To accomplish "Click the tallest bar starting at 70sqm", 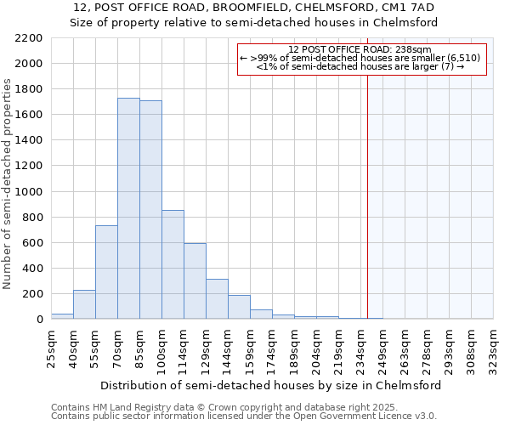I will coord(128,208).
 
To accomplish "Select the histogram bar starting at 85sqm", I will coord(150,210).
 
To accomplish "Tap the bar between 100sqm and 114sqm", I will coord(173,264).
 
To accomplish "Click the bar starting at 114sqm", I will coord(195,281).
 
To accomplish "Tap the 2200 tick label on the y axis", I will coord(28,38).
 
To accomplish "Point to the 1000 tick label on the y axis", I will coord(28,192).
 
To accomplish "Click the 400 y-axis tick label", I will coord(31,269).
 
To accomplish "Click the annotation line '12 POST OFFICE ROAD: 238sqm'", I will coord(360,50).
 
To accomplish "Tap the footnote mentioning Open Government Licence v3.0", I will coord(244,416).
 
